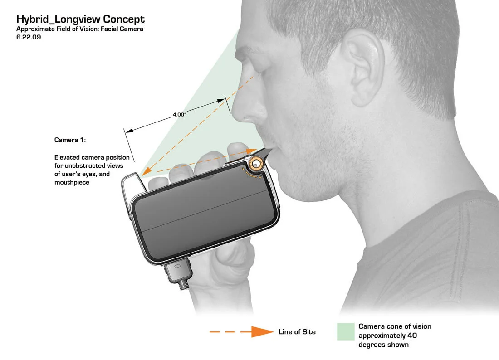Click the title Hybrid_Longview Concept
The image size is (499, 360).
tap(80, 19)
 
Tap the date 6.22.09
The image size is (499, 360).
tap(29, 37)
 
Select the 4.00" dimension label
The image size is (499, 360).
tap(180, 115)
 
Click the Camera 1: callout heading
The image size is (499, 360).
tap(70, 140)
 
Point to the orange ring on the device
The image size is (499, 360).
tap(255, 164)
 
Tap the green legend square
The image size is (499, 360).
tap(346, 332)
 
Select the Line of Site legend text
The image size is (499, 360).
tap(297, 332)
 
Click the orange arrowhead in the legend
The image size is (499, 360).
tap(262, 332)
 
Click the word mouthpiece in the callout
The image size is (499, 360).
tap(72, 183)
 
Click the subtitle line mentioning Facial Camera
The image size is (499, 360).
tap(80, 29)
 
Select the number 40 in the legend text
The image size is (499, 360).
tap(412, 336)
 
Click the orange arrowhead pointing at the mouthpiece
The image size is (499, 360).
tap(251, 150)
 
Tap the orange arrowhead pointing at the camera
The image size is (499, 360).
tap(146, 172)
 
